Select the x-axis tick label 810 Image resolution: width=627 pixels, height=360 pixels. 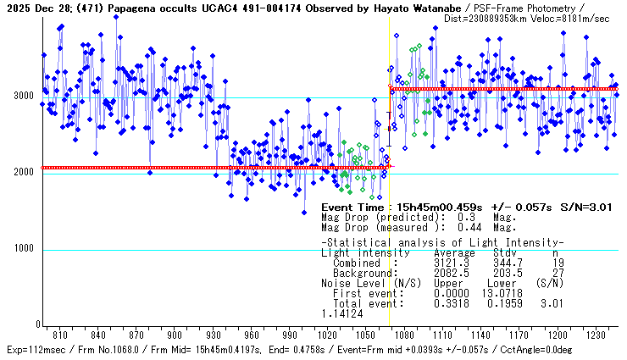pyautogui.click(x=58, y=335)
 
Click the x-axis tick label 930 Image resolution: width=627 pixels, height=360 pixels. pyautogui.click(x=212, y=335)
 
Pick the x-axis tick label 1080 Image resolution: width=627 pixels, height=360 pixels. pyautogui.click(x=403, y=335)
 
